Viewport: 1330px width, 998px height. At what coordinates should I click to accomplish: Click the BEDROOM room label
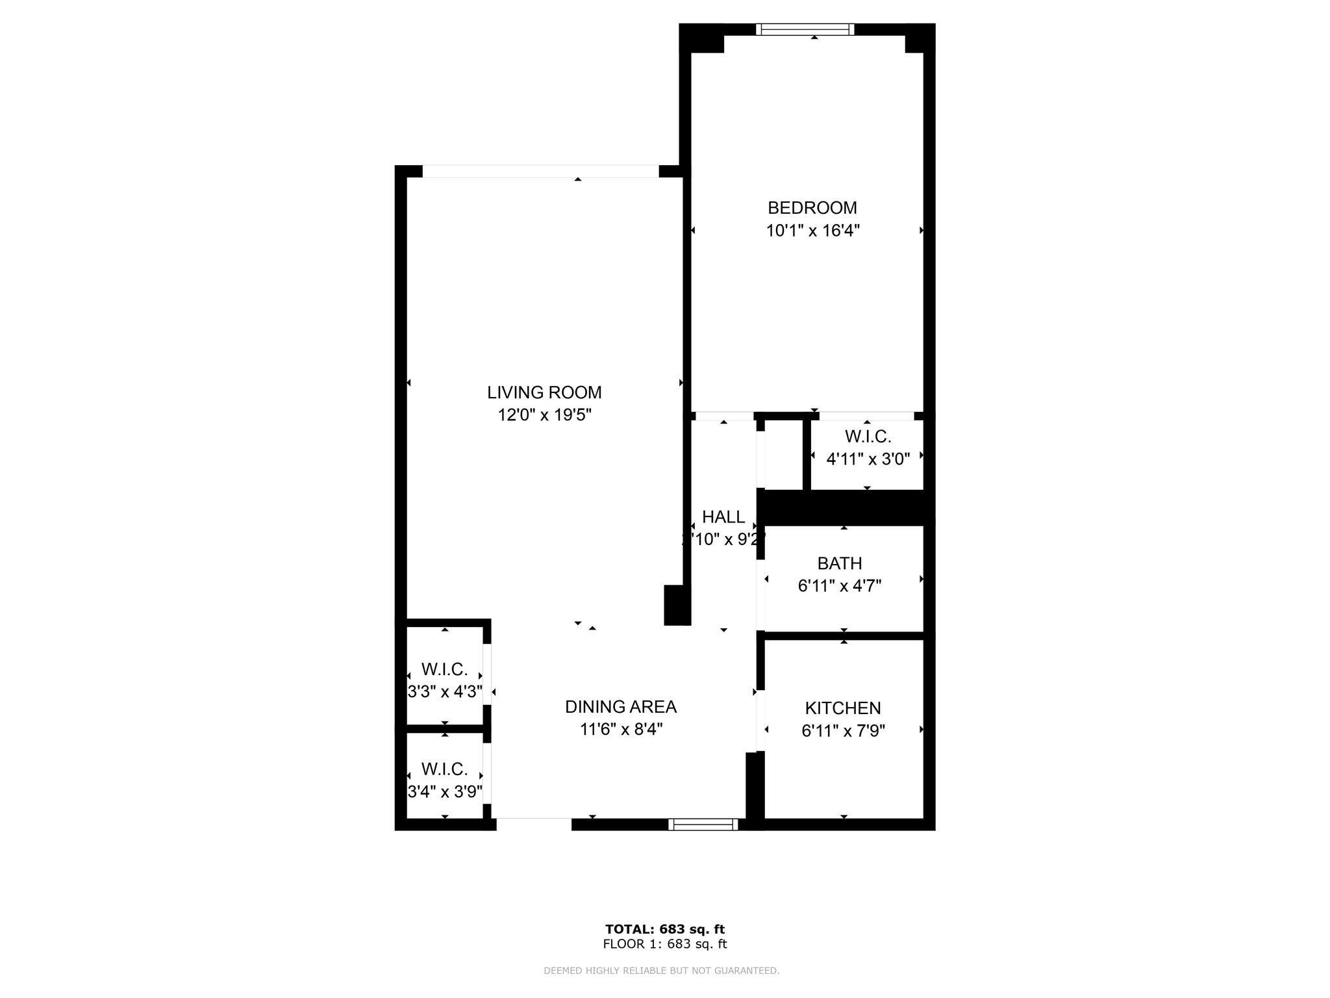click(x=812, y=208)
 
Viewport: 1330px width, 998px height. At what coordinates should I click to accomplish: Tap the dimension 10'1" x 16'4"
click(x=812, y=231)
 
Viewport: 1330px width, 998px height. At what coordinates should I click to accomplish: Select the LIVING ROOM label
click(x=544, y=392)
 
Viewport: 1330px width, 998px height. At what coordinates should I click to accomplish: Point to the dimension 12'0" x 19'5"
click(x=544, y=415)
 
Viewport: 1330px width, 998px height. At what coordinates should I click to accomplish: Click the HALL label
click(x=723, y=517)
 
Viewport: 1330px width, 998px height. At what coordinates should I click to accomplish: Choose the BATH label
click(x=839, y=563)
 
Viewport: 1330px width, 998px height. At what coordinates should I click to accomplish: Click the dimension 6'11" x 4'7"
click(x=839, y=586)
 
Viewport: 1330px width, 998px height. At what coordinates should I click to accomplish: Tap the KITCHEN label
click(x=842, y=708)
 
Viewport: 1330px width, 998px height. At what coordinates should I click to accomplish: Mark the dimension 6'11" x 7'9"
click(x=843, y=731)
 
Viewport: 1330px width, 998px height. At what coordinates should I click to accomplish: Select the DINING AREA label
click(x=620, y=707)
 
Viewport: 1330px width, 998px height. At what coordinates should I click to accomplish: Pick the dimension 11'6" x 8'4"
click(x=620, y=729)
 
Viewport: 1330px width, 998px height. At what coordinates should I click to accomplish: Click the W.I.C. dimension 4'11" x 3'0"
click(x=867, y=459)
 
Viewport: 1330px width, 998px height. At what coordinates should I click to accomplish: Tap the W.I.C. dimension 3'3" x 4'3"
click(x=444, y=691)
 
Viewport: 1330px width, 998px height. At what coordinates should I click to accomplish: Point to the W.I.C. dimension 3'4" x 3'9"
click(x=444, y=792)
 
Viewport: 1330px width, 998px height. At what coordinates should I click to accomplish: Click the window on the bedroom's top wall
click(x=805, y=29)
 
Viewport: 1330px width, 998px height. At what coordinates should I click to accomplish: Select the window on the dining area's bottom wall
click(x=703, y=825)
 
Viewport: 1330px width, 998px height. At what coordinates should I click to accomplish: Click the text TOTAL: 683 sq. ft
click(x=664, y=929)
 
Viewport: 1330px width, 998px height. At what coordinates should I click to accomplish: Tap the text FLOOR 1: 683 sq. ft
click(x=664, y=944)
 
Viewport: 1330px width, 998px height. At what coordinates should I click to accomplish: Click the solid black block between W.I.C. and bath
click(x=844, y=507)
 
